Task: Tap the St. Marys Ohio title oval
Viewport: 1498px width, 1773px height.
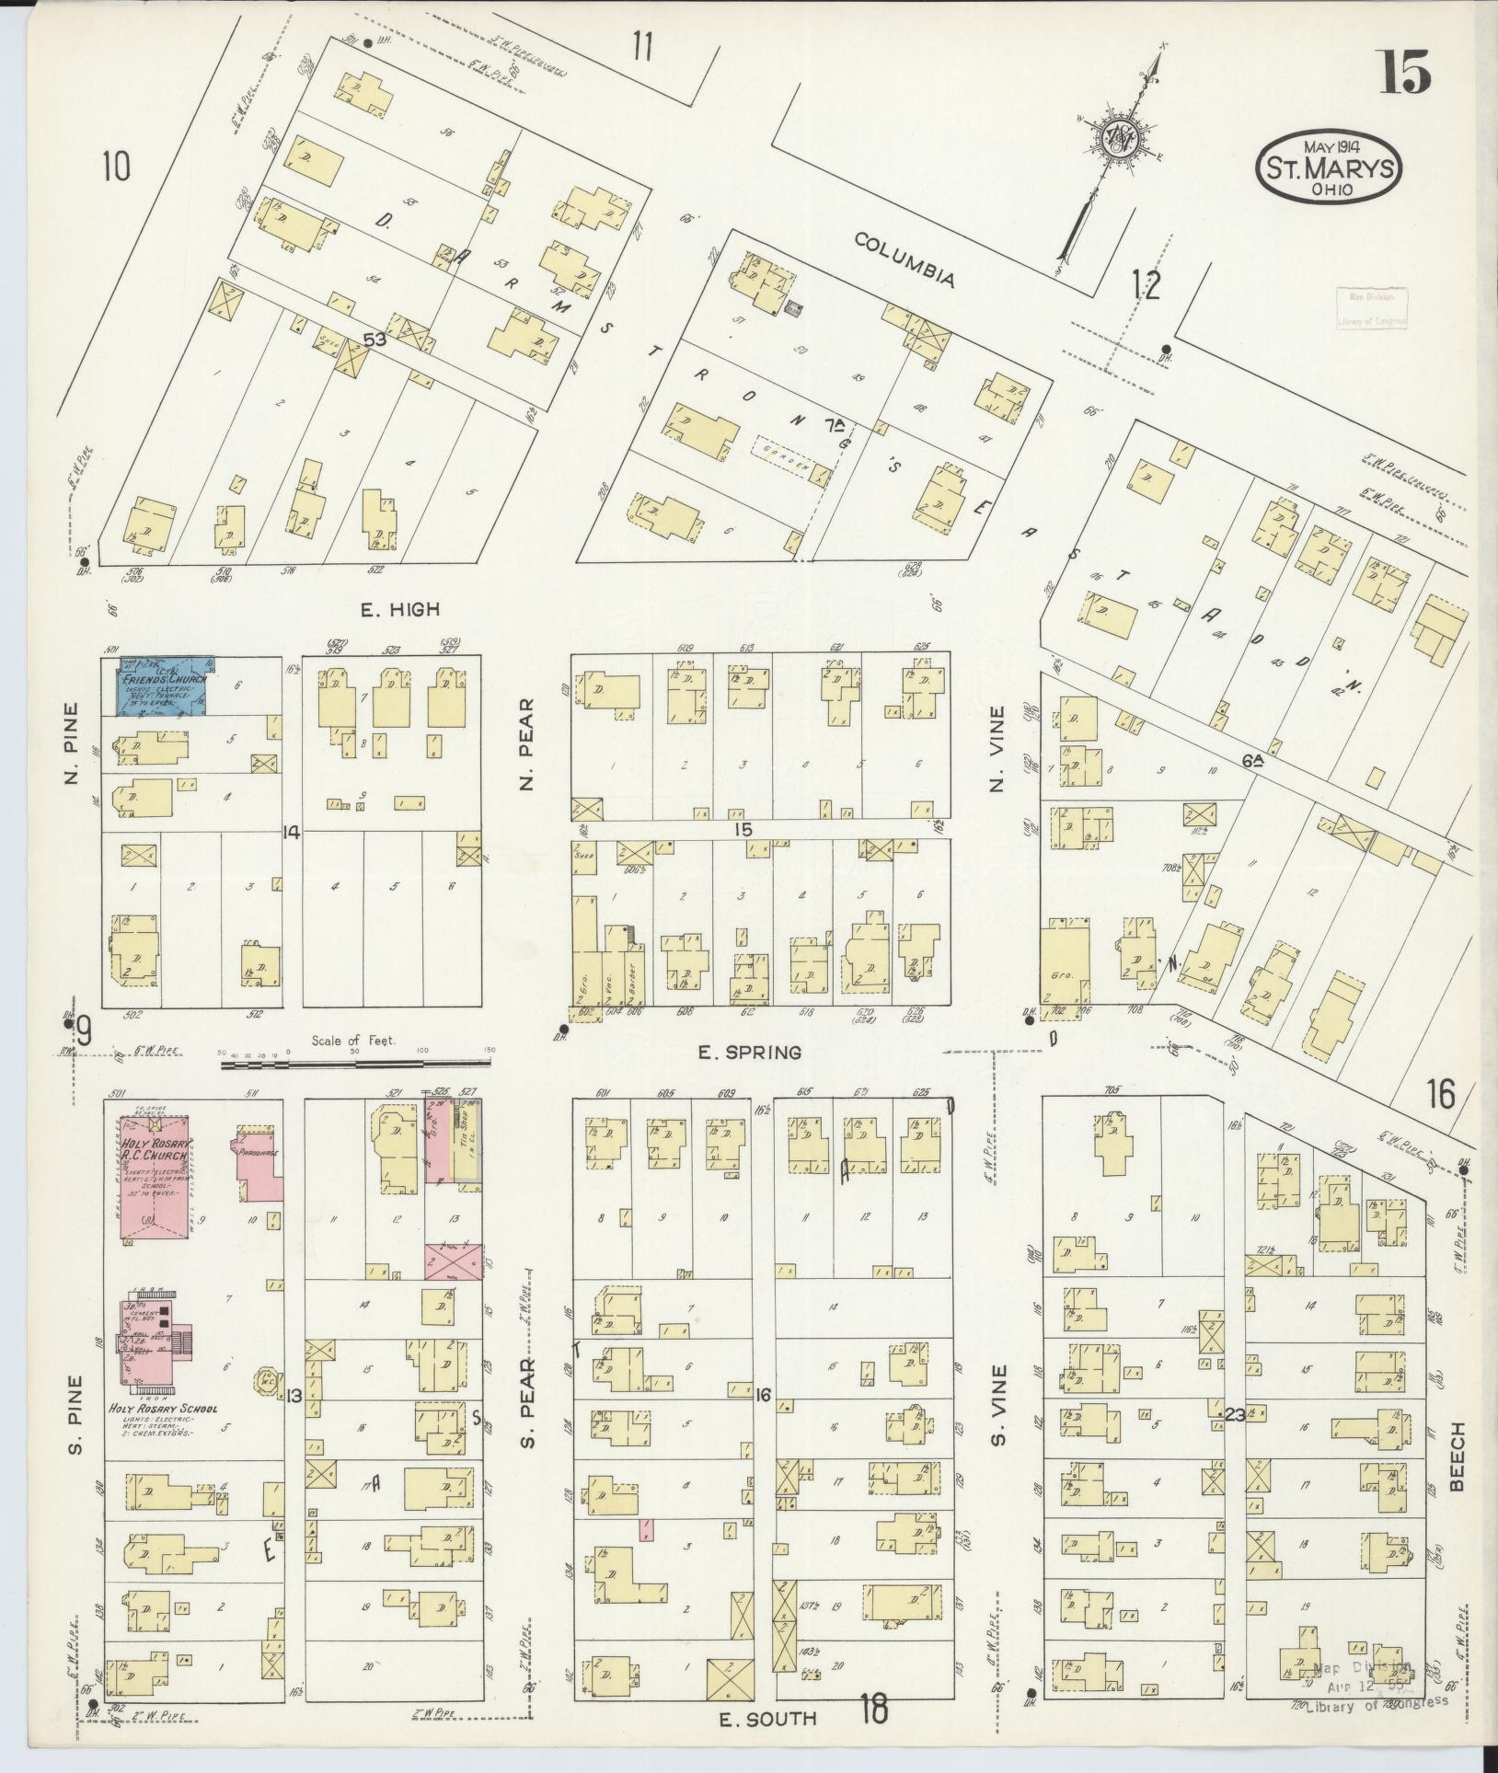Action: pyautogui.click(x=1329, y=168)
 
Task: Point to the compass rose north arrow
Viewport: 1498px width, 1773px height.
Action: pyautogui.click(x=1120, y=138)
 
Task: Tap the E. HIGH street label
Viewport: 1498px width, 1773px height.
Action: pyautogui.click(x=400, y=609)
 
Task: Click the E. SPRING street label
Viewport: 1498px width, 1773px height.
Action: pyautogui.click(x=736, y=1051)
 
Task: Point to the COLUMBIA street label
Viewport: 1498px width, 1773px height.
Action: pyautogui.click(x=905, y=260)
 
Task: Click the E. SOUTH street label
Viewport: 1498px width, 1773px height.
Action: pyautogui.click(x=758, y=1718)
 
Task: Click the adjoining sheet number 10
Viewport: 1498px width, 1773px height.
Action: pyautogui.click(x=117, y=167)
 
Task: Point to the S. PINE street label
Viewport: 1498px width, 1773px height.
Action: pyautogui.click(x=76, y=1429)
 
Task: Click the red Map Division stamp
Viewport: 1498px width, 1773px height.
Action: pyautogui.click(x=1370, y=307)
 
